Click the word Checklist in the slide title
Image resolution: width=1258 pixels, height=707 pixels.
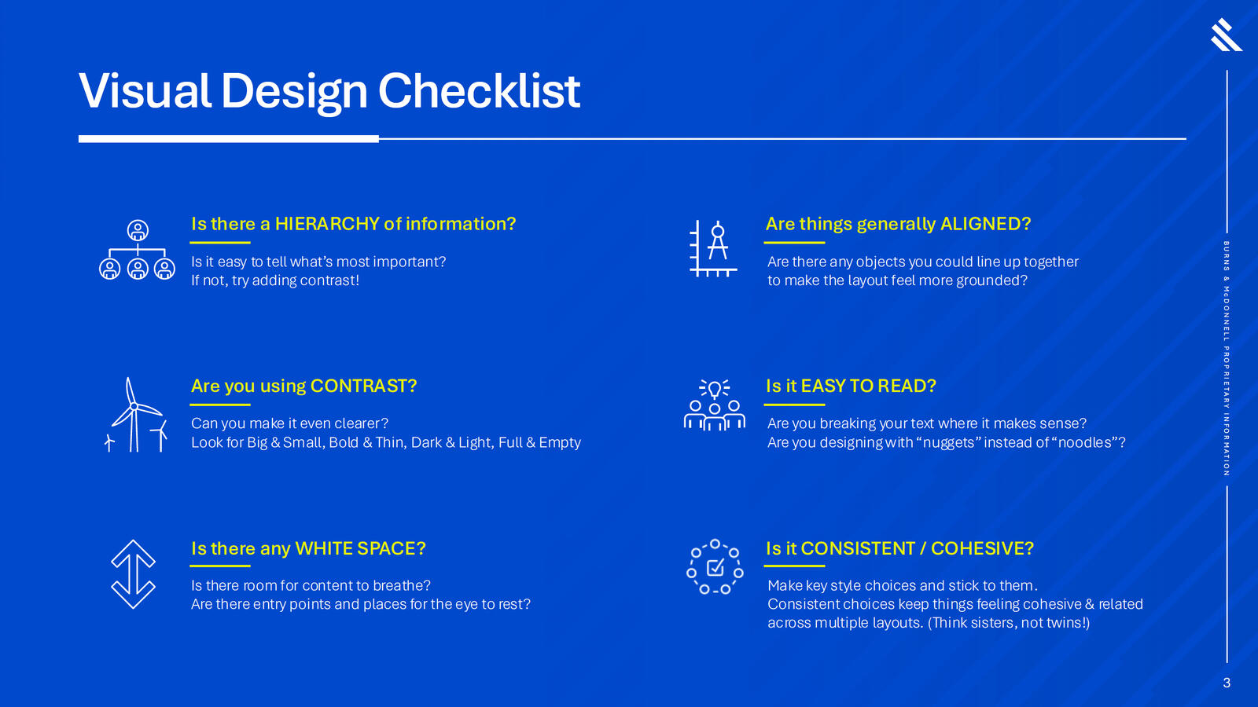pyautogui.click(x=479, y=91)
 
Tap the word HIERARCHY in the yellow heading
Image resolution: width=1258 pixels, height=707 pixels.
pyautogui.click(x=327, y=224)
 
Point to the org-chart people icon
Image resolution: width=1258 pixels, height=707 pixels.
pyautogui.click(x=137, y=250)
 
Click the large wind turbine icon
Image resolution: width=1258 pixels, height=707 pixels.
pyautogui.click(x=134, y=414)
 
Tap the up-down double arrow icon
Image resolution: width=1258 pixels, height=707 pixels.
pyautogui.click(x=133, y=574)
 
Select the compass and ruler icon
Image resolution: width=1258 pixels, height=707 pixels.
pyautogui.click(x=713, y=248)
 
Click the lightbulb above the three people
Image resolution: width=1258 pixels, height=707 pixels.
pyautogui.click(x=715, y=389)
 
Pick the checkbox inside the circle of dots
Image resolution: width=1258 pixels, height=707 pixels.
pyautogui.click(x=715, y=568)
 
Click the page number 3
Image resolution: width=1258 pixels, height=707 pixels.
pyautogui.click(x=1227, y=683)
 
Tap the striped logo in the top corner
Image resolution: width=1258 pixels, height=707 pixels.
pyautogui.click(x=1226, y=35)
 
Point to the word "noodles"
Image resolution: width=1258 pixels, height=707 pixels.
pyautogui.click(x=1084, y=443)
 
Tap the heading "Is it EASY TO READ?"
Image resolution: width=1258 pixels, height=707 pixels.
pyautogui.click(x=851, y=386)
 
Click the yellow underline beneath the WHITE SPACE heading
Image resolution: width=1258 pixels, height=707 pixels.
pyautogui.click(x=220, y=566)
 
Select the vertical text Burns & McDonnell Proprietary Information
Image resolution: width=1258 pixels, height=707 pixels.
pyautogui.click(x=1227, y=358)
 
